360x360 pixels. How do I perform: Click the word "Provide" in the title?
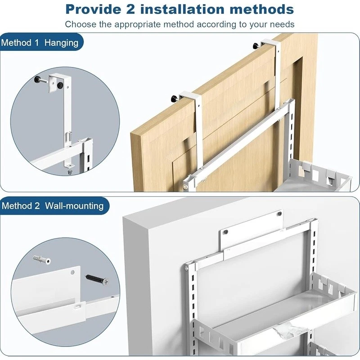94,9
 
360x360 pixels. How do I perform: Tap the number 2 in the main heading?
130,9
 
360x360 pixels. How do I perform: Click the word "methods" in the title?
262,9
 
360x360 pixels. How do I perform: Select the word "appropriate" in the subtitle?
137,24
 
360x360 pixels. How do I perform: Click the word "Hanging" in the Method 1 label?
61,43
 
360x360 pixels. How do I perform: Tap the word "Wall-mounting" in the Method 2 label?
74,206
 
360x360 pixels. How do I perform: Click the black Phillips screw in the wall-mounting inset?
97,279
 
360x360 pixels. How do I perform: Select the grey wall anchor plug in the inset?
41,260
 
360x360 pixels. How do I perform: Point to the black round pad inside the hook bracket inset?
61,85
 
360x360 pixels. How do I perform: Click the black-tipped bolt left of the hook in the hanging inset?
40,81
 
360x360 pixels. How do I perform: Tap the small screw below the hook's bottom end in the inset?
70,172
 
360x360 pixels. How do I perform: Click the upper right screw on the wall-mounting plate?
279,214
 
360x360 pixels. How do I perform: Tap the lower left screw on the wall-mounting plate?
226,232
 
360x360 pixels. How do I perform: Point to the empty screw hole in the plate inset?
72,273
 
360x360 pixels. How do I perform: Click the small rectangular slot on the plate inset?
78,306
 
